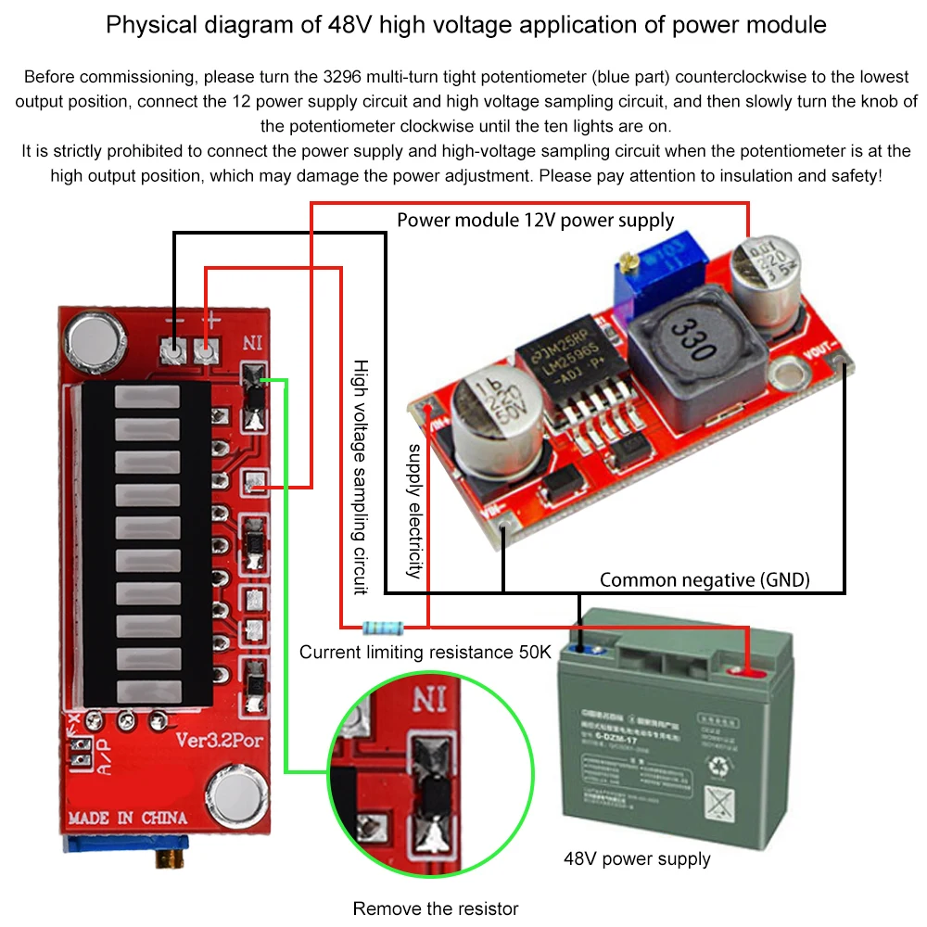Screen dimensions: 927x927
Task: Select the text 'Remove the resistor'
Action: (436, 908)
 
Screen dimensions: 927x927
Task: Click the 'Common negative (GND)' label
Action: (705, 580)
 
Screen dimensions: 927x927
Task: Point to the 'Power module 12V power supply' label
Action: (536, 220)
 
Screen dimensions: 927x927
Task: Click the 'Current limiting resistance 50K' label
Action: (425, 653)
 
